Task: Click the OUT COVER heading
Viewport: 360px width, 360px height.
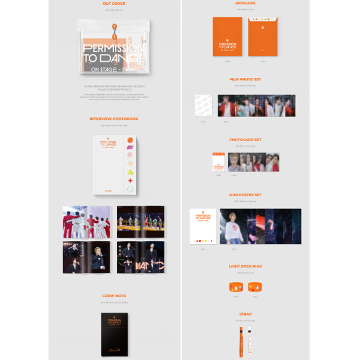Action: point(114,4)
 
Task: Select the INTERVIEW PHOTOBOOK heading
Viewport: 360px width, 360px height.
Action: point(114,119)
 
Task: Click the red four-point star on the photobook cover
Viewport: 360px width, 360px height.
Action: point(130,180)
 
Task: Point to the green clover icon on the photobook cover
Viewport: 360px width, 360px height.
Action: point(130,172)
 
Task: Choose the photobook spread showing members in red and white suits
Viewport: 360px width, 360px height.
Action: point(86,222)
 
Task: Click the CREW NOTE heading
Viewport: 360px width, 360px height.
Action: point(114,296)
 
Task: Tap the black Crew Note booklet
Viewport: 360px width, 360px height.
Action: point(114,334)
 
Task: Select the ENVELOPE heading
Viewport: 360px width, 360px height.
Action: point(245,3)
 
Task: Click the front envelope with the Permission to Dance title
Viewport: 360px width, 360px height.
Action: point(228,36)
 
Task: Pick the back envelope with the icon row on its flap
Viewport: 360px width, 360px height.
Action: point(263,36)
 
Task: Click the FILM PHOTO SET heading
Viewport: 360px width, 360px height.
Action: point(245,79)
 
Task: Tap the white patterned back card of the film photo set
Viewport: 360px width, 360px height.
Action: point(204,106)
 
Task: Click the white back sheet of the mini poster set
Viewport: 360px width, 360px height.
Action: point(203,226)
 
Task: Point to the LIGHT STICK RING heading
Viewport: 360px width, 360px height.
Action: point(245,266)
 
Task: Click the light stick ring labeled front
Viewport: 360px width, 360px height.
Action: point(236,287)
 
